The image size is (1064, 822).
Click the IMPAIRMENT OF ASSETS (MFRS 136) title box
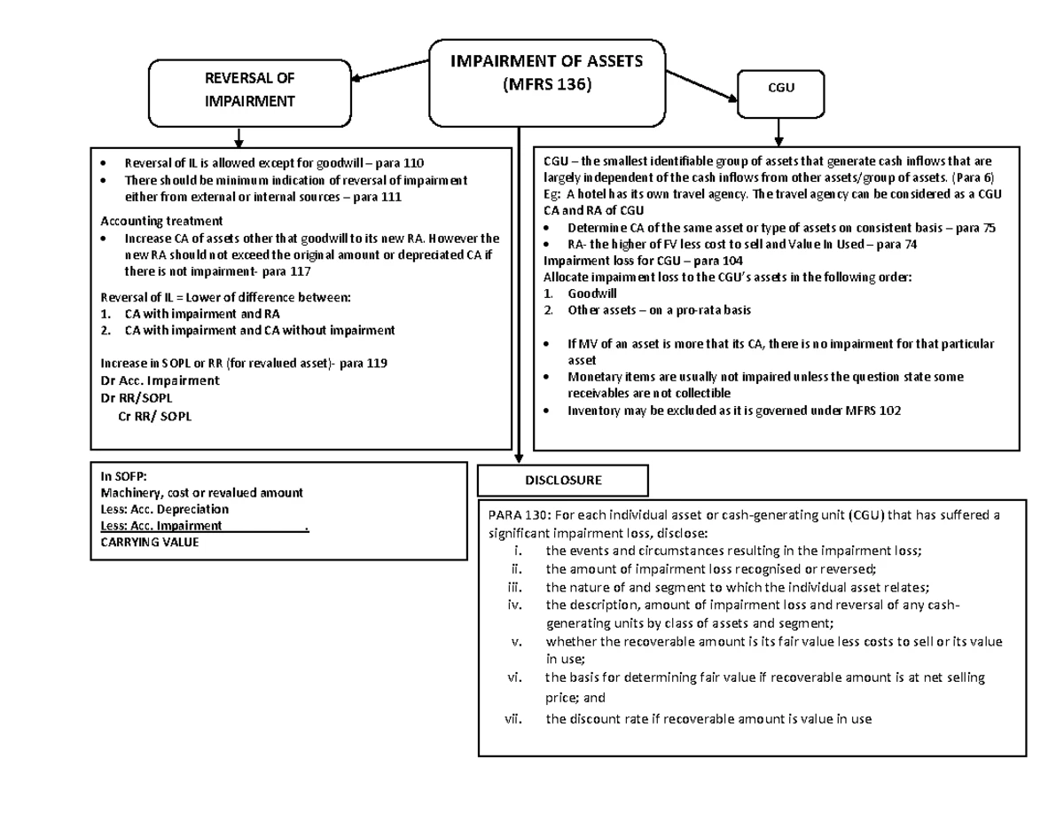point(546,82)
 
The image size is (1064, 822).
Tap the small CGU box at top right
point(778,92)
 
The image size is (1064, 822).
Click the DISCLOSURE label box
point(563,480)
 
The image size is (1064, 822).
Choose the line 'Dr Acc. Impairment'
point(160,380)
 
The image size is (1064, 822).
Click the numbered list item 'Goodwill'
point(592,293)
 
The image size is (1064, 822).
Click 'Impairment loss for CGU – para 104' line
point(643,261)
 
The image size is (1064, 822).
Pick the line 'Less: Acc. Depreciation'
point(164,509)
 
